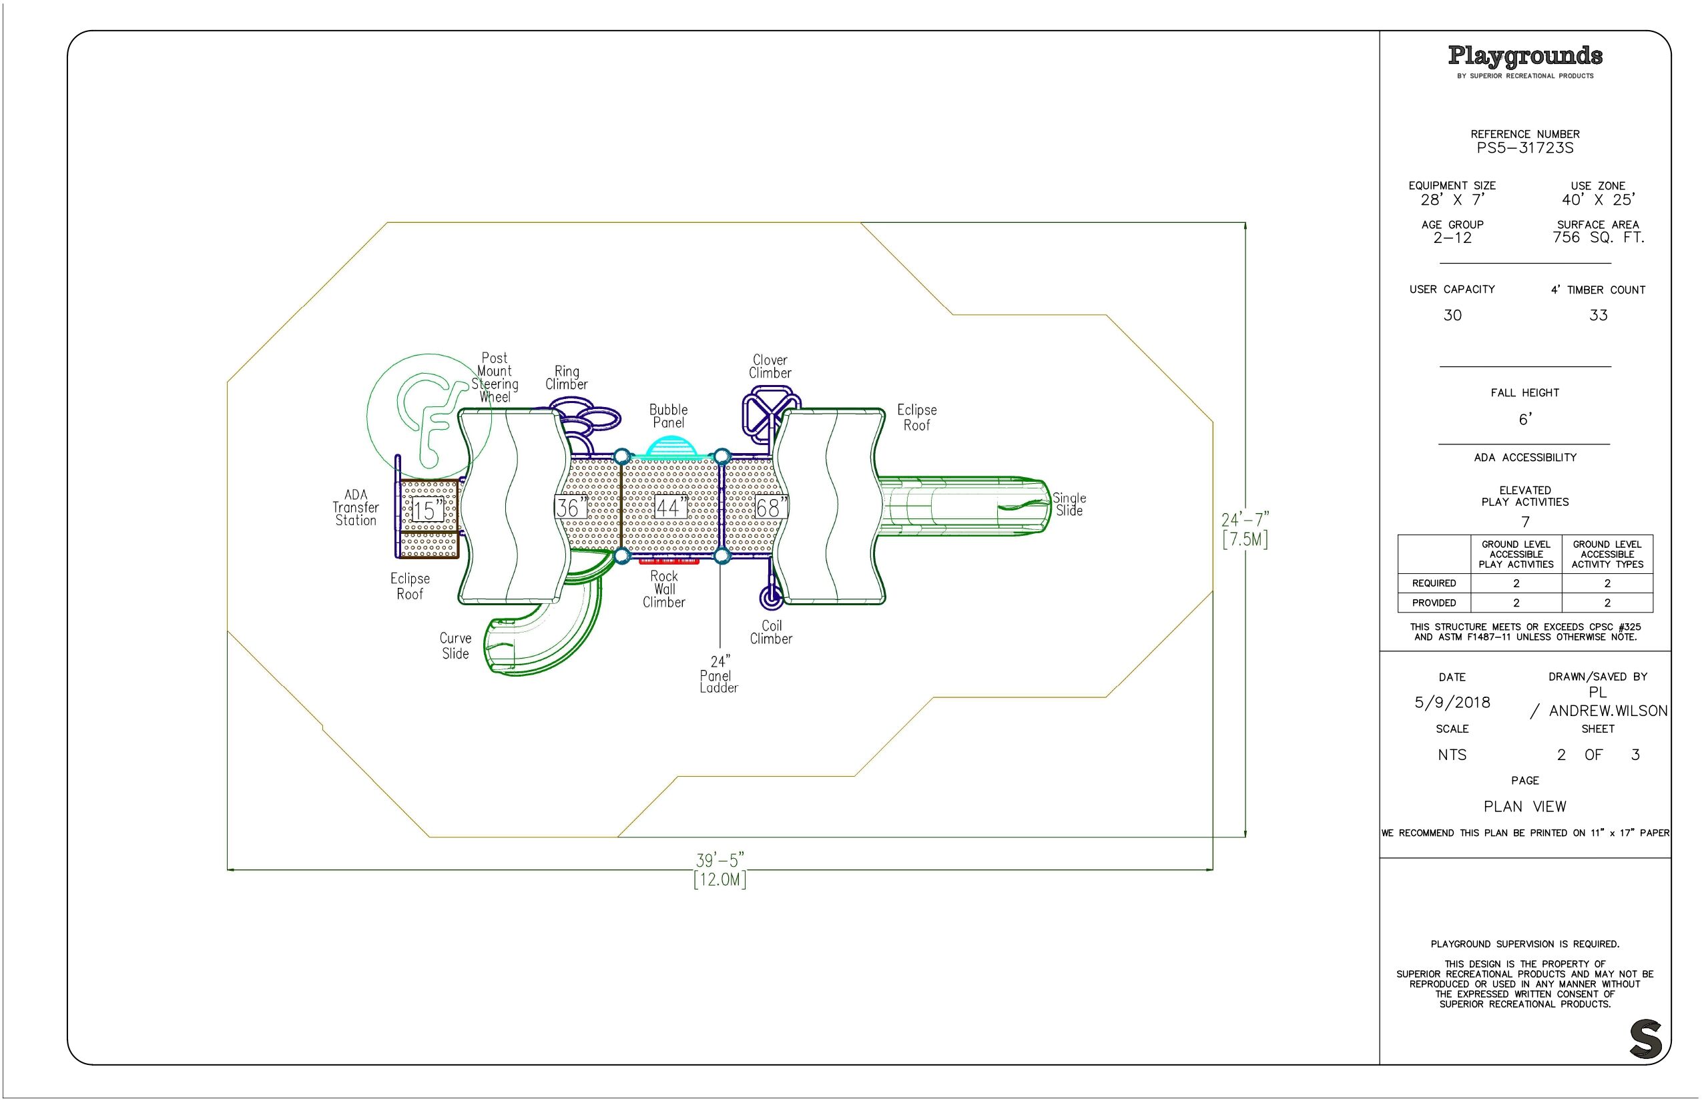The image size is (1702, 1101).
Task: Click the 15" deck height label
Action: click(429, 510)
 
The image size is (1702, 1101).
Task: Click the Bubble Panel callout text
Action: click(669, 416)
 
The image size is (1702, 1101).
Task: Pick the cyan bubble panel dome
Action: click(671, 448)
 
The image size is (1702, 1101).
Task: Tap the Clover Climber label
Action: click(770, 367)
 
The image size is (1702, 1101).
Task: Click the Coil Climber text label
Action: click(771, 633)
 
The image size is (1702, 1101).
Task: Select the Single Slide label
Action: click(1069, 504)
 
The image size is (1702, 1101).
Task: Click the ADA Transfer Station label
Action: click(355, 508)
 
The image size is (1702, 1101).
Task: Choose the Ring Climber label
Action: click(567, 378)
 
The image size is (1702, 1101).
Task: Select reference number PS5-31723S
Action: click(1525, 148)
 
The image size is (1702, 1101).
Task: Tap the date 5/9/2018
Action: click(1452, 702)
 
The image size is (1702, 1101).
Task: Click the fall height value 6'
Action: click(1525, 419)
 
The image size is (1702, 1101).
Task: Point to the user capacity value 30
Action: click(1452, 315)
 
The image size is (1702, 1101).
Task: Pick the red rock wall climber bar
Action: click(669, 561)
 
